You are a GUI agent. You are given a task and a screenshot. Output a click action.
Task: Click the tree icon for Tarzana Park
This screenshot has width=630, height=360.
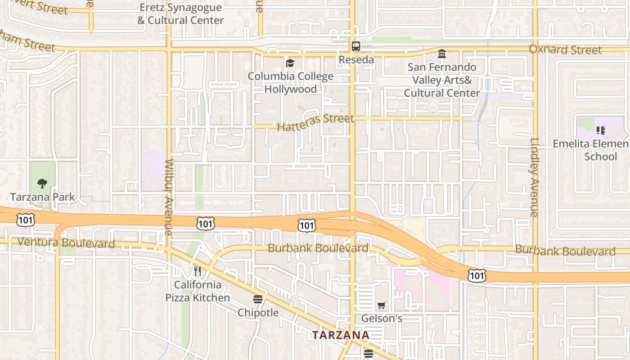(42, 183)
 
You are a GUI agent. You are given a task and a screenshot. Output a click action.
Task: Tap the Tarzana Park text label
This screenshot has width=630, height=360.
(42, 197)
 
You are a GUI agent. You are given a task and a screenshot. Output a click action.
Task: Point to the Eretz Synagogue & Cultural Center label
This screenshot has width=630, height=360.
(180, 14)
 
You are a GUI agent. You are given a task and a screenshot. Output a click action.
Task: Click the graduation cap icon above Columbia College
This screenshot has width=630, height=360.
(290, 63)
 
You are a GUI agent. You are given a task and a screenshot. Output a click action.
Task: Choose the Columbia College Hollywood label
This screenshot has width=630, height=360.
(290, 83)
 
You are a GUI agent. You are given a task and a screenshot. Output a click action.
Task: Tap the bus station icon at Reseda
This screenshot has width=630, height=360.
(355, 46)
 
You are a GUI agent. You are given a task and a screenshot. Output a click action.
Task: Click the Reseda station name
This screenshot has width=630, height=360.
(356, 60)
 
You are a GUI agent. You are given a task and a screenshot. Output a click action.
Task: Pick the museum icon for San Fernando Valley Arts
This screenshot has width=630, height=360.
(442, 54)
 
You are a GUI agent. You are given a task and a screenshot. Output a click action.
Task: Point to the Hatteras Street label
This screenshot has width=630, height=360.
(315, 122)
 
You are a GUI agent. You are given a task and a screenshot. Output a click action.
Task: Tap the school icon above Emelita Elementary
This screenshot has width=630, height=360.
(600, 130)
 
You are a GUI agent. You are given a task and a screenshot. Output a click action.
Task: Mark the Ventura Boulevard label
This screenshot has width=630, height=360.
(66, 243)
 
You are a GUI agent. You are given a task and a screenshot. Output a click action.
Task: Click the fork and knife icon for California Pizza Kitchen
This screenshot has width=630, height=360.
(197, 271)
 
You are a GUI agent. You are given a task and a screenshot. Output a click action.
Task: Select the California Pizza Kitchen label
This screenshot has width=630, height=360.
(198, 291)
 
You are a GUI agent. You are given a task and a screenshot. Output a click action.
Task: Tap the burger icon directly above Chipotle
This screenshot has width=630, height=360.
(258, 299)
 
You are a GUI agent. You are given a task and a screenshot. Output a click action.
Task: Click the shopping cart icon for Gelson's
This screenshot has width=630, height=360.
(382, 305)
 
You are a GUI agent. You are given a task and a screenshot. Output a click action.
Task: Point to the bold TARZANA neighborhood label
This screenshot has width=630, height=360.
(341, 335)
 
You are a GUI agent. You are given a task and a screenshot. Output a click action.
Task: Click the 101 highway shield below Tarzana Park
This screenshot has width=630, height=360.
(24, 220)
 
